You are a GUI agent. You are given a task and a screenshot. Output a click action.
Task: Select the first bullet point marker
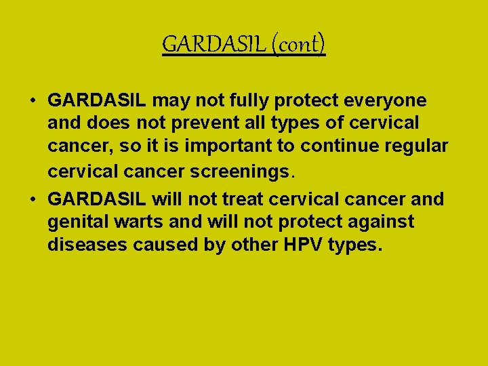tap(33, 101)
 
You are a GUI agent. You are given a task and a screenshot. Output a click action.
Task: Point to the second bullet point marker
tap(33, 199)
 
